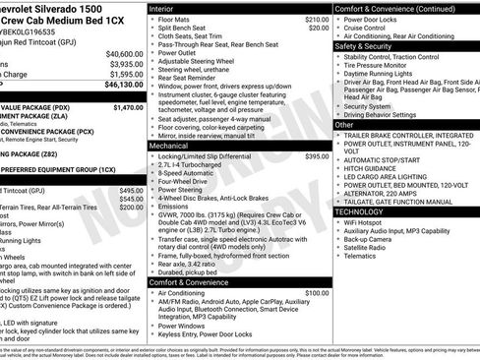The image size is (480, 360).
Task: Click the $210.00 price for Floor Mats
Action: pyautogui.click(x=317, y=19)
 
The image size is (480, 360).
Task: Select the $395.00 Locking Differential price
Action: pyautogui.click(x=317, y=156)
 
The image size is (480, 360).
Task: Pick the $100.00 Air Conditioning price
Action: pyautogui.click(x=317, y=293)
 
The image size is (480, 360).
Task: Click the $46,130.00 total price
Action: pyautogui.click(x=122, y=86)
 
